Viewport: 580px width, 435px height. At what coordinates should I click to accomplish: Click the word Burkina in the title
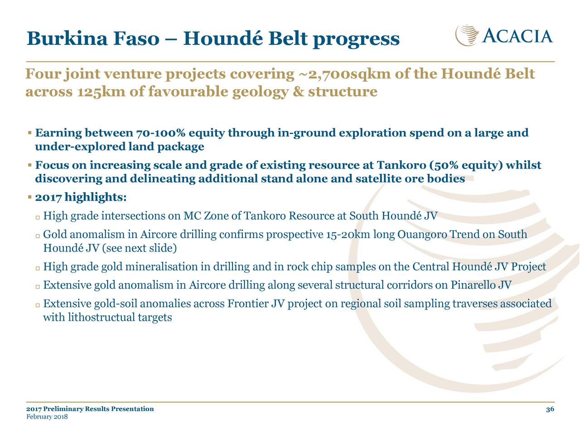(x=67, y=38)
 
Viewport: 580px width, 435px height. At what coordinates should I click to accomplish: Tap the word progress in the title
(x=356, y=39)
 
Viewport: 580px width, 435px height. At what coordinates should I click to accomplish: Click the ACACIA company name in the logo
(x=517, y=36)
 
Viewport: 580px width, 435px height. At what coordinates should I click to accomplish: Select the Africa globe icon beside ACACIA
(x=467, y=35)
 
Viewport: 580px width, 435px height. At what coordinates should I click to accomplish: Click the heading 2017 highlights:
(x=81, y=197)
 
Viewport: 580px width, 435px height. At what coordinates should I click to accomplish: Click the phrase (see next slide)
(x=139, y=248)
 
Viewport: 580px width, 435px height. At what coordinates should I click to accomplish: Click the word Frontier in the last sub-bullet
(x=247, y=304)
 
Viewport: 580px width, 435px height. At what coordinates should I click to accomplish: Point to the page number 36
(x=550, y=409)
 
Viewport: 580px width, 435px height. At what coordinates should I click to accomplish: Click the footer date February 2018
(x=47, y=417)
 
